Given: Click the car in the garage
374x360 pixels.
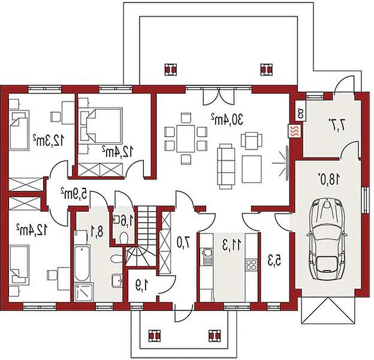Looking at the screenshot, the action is (x=327, y=239).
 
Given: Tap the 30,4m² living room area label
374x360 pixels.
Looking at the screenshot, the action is (x=227, y=119).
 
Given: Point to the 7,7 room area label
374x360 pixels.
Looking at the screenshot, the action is (x=337, y=124).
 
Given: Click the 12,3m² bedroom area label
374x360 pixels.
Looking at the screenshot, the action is (x=49, y=140).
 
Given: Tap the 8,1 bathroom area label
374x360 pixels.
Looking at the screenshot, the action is (x=97, y=232).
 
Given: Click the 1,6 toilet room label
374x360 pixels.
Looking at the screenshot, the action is (x=124, y=220).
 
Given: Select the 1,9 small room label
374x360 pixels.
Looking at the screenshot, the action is (x=143, y=286).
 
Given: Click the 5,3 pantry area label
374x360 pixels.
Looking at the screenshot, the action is (x=274, y=260).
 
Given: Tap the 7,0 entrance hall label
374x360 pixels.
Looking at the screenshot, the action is (x=183, y=242).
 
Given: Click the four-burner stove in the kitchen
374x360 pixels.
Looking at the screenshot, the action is (x=251, y=264).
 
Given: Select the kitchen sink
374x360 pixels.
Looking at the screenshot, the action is (x=207, y=256).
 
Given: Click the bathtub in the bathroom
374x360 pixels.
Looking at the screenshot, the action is (x=82, y=263).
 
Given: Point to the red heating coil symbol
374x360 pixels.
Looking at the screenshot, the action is (x=295, y=131).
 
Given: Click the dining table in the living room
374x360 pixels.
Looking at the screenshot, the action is (x=186, y=139).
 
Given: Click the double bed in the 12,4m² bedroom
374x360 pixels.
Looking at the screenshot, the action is (x=104, y=126).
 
